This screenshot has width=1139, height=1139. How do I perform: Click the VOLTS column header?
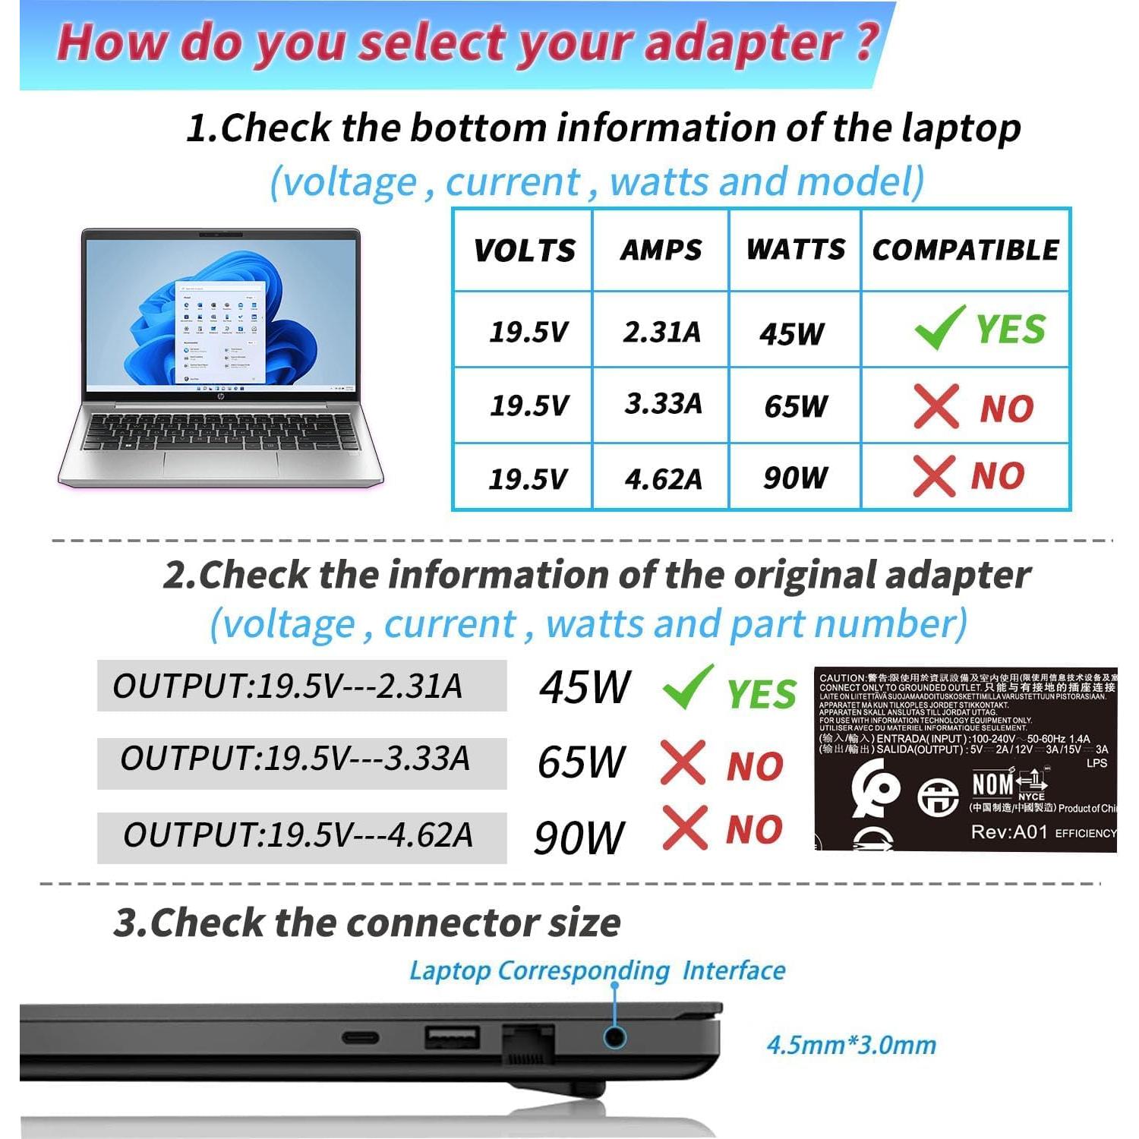524,251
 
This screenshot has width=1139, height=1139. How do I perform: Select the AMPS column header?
661,250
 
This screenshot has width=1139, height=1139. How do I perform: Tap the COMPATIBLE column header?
965,250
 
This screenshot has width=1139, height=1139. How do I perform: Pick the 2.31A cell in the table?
661,332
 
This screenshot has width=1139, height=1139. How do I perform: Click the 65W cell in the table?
795,406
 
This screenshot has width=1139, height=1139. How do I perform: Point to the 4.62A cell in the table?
663,479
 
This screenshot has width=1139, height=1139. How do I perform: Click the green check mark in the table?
940,328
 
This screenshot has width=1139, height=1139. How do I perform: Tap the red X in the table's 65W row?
935,406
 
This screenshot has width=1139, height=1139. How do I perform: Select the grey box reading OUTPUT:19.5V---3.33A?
301,760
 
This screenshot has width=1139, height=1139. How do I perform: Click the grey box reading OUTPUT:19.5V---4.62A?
301,836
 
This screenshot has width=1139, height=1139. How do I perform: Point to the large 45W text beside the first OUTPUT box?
584,687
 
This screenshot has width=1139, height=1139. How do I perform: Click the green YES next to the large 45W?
761,693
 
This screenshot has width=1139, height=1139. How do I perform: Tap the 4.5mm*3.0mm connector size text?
851,1045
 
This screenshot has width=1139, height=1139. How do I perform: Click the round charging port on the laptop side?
614,1037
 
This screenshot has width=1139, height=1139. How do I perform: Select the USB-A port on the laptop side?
453,1037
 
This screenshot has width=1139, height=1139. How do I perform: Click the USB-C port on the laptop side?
361,1037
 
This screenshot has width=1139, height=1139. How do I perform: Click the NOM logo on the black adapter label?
992,784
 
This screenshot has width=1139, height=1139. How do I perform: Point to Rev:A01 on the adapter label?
1008,832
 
